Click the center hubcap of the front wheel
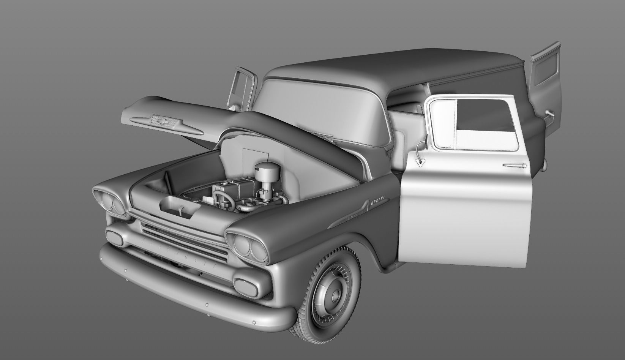[x=336, y=295]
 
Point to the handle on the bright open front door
[x=516, y=165]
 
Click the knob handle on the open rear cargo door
[x=549, y=113]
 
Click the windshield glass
[x=319, y=110]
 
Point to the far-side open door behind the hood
[x=241, y=89]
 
